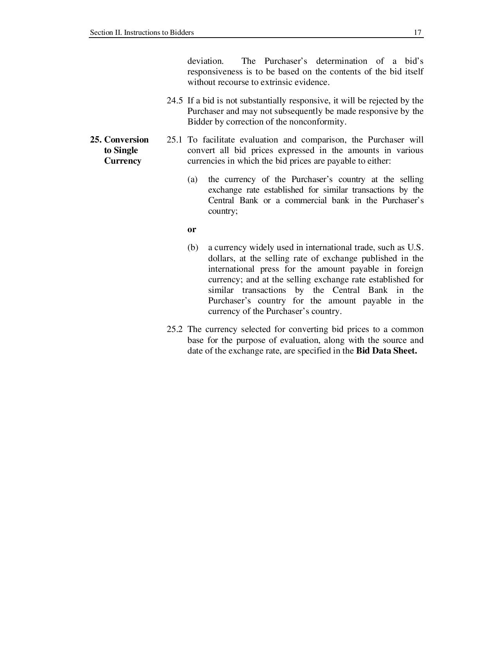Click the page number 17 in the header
click(x=418, y=32)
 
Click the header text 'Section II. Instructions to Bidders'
click(x=142, y=32)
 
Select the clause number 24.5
click(x=174, y=101)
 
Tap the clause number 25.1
click(x=174, y=140)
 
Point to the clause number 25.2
click(x=174, y=329)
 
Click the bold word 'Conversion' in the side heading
click(x=126, y=140)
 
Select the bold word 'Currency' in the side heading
click(x=122, y=161)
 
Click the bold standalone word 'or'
click(x=191, y=229)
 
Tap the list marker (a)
click(x=192, y=179)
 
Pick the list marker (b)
click(x=193, y=247)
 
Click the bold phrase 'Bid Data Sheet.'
click(x=386, y=351)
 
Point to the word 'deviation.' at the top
click(x=205, y=61)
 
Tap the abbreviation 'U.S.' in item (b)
click(x=415, y=247)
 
